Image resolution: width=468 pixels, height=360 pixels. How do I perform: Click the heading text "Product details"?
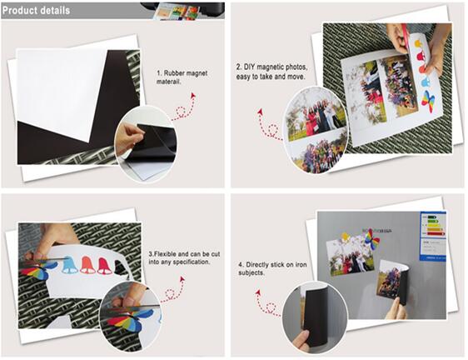(36, 10)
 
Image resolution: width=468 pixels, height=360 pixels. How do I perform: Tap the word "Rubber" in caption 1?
(175, 74)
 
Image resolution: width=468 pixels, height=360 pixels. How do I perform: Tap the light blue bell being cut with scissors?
(70, 265)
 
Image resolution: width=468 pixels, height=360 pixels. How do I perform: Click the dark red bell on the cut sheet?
(104, 265)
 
